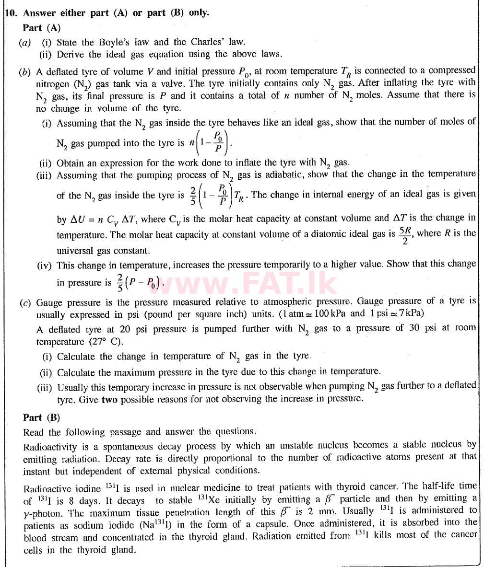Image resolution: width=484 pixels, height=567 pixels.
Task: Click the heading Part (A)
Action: (42, 28)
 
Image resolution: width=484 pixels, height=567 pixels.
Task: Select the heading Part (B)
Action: (42, 417)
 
